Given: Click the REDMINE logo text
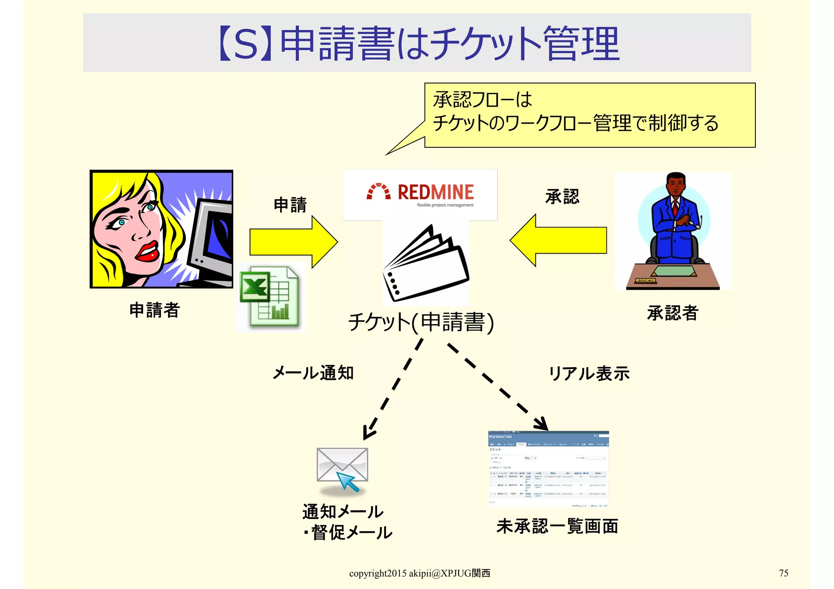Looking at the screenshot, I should pyautogui.click(x=435, y=192).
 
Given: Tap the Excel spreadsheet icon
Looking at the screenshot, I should pyautogui.click(x=270, y=297).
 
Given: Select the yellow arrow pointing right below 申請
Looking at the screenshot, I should pyautogui.click(x=293, y=242).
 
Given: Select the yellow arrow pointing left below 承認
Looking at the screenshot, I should pyautogui.click(x=558, y=241).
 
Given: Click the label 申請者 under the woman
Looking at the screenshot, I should pyautogui.click(x=154, y=310).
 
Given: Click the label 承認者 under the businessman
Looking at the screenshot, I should pyautogui.click(x=673, y=313).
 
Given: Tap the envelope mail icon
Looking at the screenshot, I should pyautogui.click(x=342, y=468).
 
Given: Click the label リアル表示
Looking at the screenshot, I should pyautogui.click(x=589, y=373).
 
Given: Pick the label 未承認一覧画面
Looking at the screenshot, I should pyautogui.click(x=557, y=526).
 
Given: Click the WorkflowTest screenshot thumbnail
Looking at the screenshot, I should pyautogui.click(x=549, y=469).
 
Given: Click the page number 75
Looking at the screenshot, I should pyautogui.click(x=784, y=573).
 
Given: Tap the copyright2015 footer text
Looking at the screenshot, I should pyautogui.click(x=419, y=574).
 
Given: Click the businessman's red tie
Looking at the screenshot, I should pyautogui.click(x=675, y=208).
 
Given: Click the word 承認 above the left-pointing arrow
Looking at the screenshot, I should pyautogui.click(x=562, y=197).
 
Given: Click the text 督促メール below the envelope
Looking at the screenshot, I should pyautogui.click(x=351, y=532).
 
